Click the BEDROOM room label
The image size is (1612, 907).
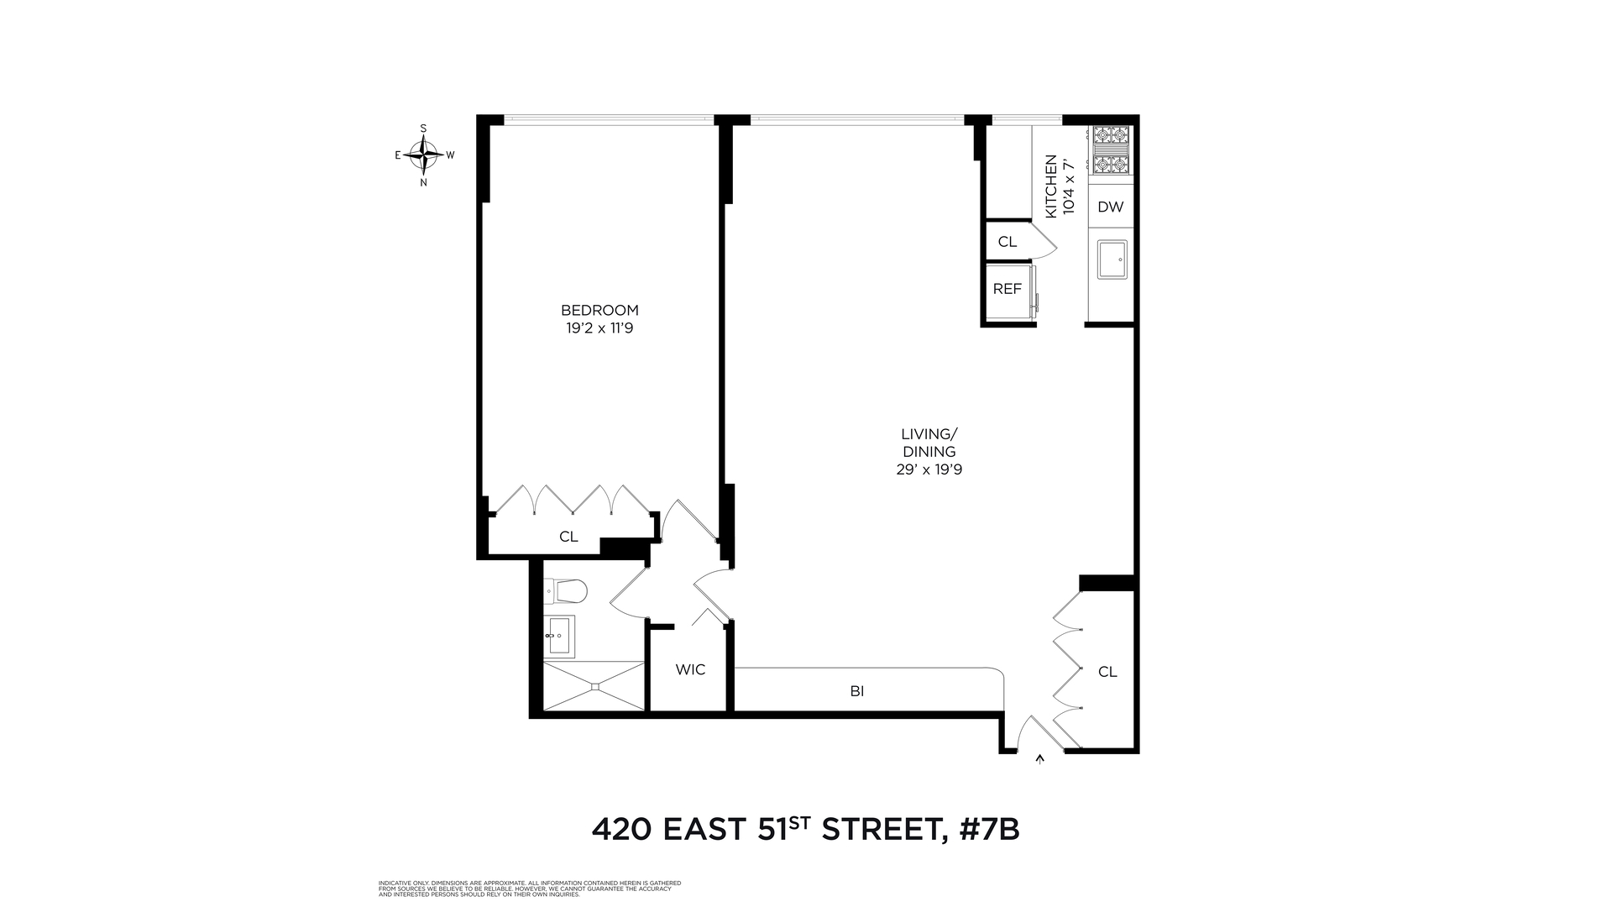(599, 310)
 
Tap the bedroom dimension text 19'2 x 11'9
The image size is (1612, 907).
(599, 328)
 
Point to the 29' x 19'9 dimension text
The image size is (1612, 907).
(929, 470)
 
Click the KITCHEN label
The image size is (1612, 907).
(1050, 186)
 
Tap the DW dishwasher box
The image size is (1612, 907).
(1110, 207)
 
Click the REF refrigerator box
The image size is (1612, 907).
(1007, 289)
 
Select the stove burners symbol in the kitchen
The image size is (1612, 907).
(1110, 149)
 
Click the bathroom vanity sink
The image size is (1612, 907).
(558, 636)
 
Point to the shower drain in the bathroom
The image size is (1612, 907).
(594, 686)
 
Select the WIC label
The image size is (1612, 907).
(690, 670)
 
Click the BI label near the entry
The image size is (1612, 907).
(856, 692)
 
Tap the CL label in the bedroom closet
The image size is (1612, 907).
(568, 537)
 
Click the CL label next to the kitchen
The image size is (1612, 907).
(1007, 242)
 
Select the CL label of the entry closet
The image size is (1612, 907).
(1107, 672)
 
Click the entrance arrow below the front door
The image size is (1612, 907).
(1041, 759)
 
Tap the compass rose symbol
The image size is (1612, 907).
(423, 155)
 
